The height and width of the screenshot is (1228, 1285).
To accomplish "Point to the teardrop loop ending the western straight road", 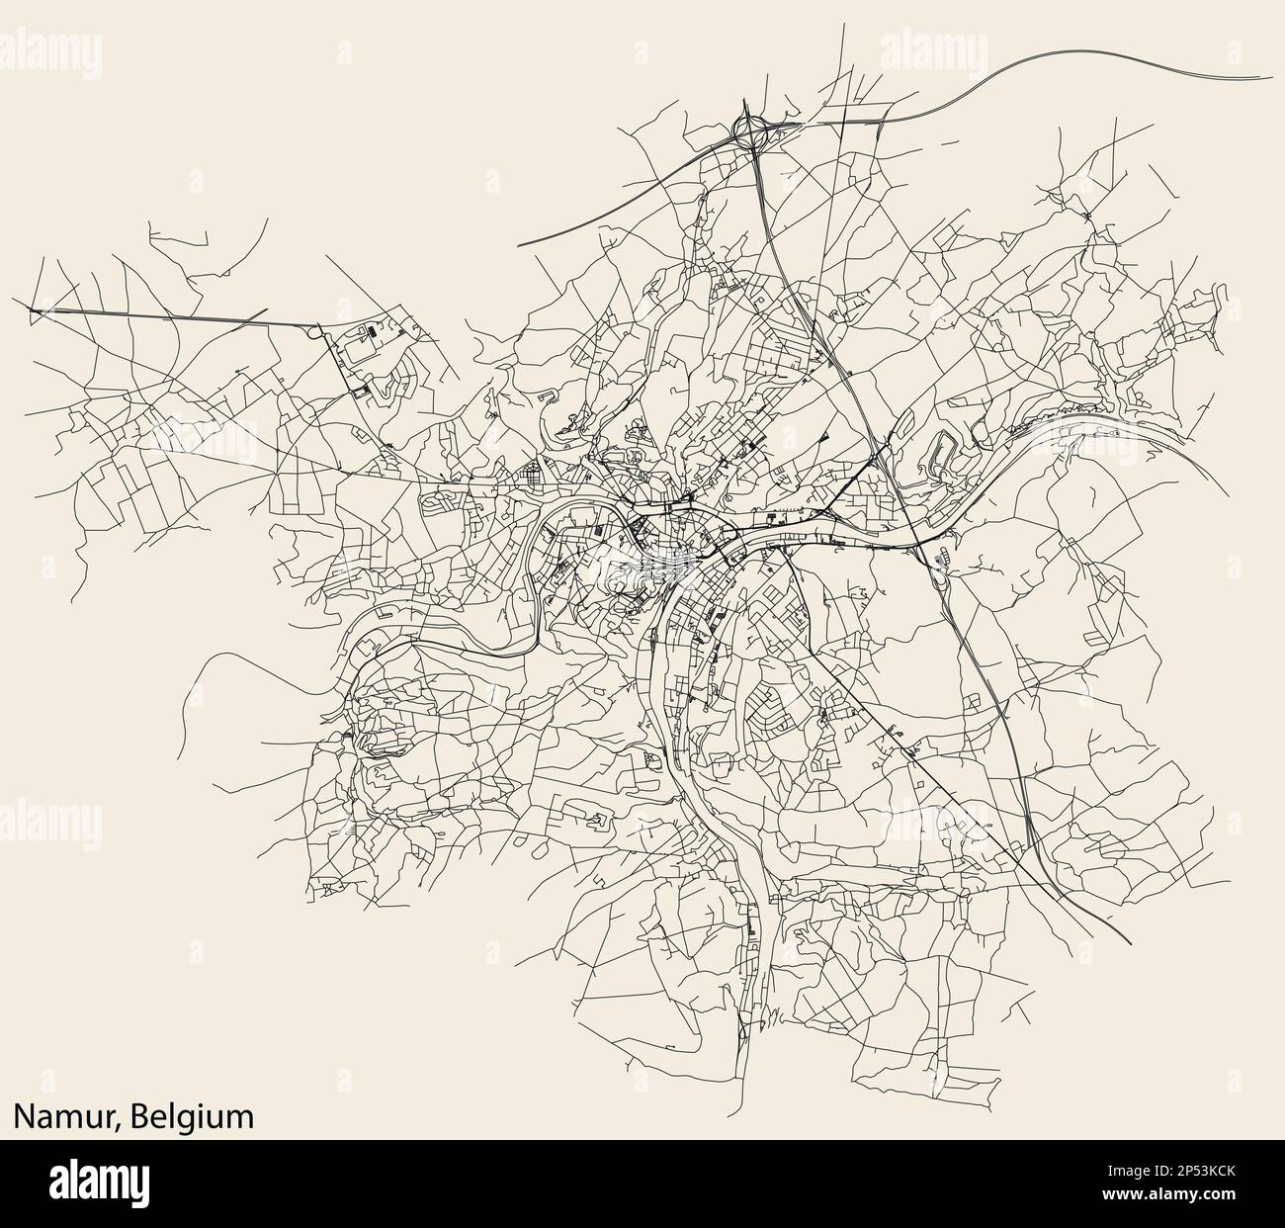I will [x=318, y=332].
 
